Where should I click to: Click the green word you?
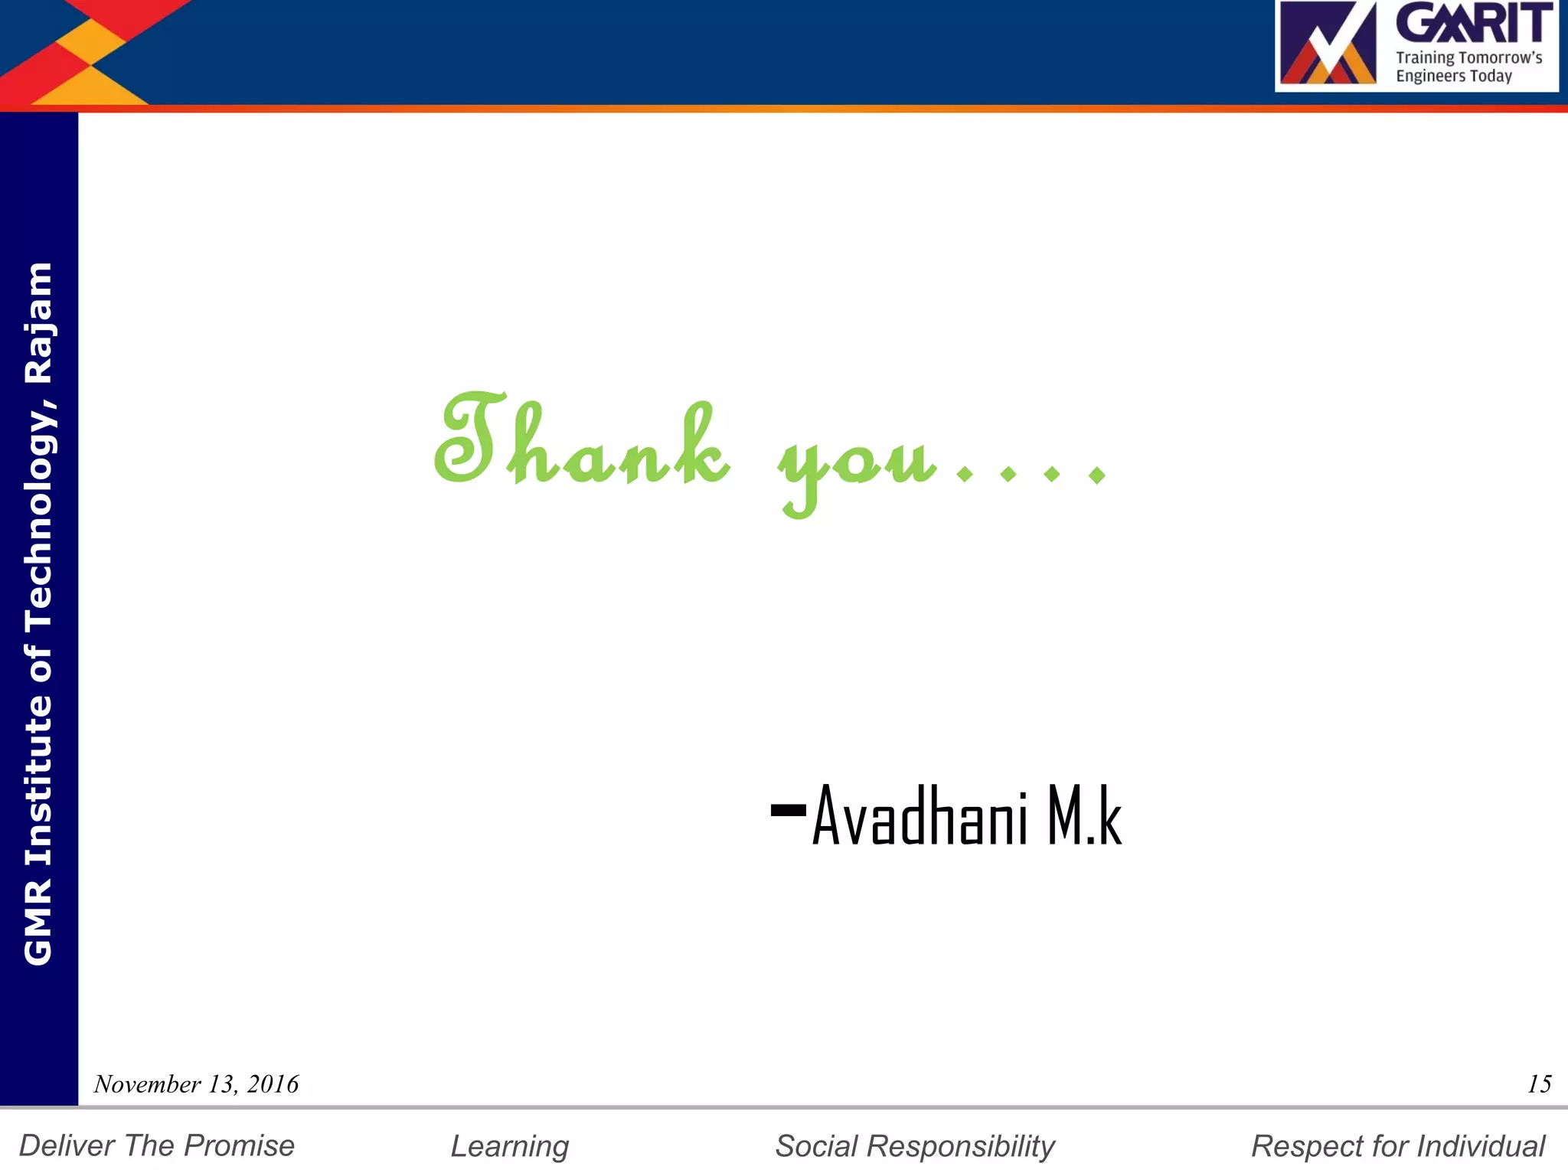(x=857, y=459)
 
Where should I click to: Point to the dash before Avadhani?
(x=788, y=809)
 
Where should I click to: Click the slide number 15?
(x=1539, y=1084)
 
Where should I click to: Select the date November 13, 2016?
(x=196, y=1084)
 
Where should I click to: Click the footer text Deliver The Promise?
(x=157, y=1145)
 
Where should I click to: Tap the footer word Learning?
(x=510, y=1146)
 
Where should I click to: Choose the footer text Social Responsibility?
(x=915, y=1146)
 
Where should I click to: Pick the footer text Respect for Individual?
(x=1398, y=1146)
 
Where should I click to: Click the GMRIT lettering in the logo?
(x=1475, y=23)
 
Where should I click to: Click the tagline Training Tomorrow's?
(x=1468, y=57)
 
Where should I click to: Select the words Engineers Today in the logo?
(x=1453, y=76)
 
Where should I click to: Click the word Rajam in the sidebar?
(x=38, y=322)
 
